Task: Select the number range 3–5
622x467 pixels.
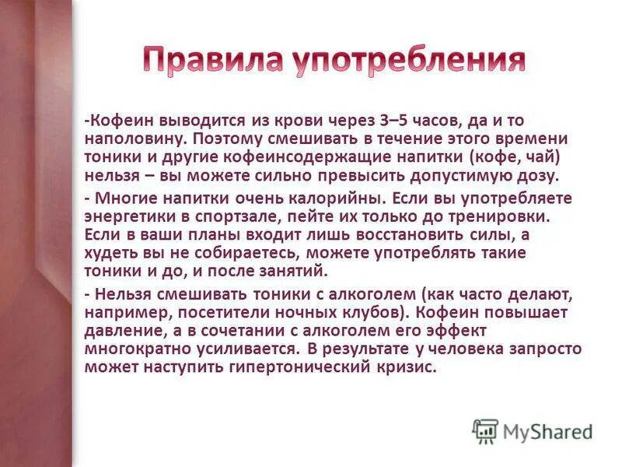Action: pyautogui.click(x=397, y=121)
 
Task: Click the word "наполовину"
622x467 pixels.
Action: pyautogui.click(x=134, y=139)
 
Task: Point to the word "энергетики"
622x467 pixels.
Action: pyautogui.click(x=128, y=216)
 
